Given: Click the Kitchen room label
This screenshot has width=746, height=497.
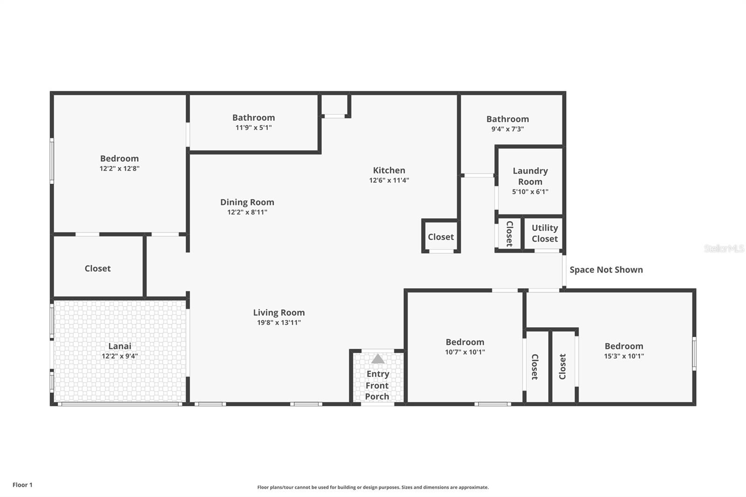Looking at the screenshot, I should (x=389, y=170).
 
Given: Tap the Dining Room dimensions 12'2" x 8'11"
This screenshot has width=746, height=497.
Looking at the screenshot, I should (x=247, y=212).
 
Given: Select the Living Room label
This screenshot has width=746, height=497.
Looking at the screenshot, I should (x=279, y=312).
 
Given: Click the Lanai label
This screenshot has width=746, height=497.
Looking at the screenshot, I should (x=120, y=346).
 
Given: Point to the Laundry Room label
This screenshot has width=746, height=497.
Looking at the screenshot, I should (x=530, y=176).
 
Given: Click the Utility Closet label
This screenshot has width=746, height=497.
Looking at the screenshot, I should (x=545, y=233).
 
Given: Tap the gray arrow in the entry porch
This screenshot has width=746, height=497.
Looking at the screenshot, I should (x=378, y=359).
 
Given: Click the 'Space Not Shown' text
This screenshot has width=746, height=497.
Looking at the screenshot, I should (x=606, y=269).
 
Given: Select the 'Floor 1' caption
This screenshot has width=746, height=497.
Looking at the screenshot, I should (x=22, y=485).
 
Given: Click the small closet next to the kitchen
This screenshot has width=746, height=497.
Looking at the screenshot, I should (x=441, y=237).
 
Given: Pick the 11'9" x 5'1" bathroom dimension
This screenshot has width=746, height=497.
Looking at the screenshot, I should (x=254, y=128).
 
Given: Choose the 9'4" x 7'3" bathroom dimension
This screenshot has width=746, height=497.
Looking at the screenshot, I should (x=507, y=129).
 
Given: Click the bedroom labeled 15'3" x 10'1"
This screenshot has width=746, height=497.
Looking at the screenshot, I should (x=624, y=346).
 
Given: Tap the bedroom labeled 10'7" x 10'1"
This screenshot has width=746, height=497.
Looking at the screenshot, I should (x=465, y=342).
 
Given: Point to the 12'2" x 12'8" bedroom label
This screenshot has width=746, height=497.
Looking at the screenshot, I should (x=119, y=159).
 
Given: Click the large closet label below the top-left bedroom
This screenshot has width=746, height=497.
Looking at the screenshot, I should (x=97, y=268).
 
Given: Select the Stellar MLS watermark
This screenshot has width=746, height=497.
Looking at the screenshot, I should (x=724, y=248).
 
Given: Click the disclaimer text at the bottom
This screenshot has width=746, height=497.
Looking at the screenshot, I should (x=373, y=487).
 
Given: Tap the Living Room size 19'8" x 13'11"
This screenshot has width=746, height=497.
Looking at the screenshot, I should (x=279, y=323).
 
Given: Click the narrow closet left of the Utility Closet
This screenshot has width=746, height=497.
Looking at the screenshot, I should (x=509, y=234).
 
